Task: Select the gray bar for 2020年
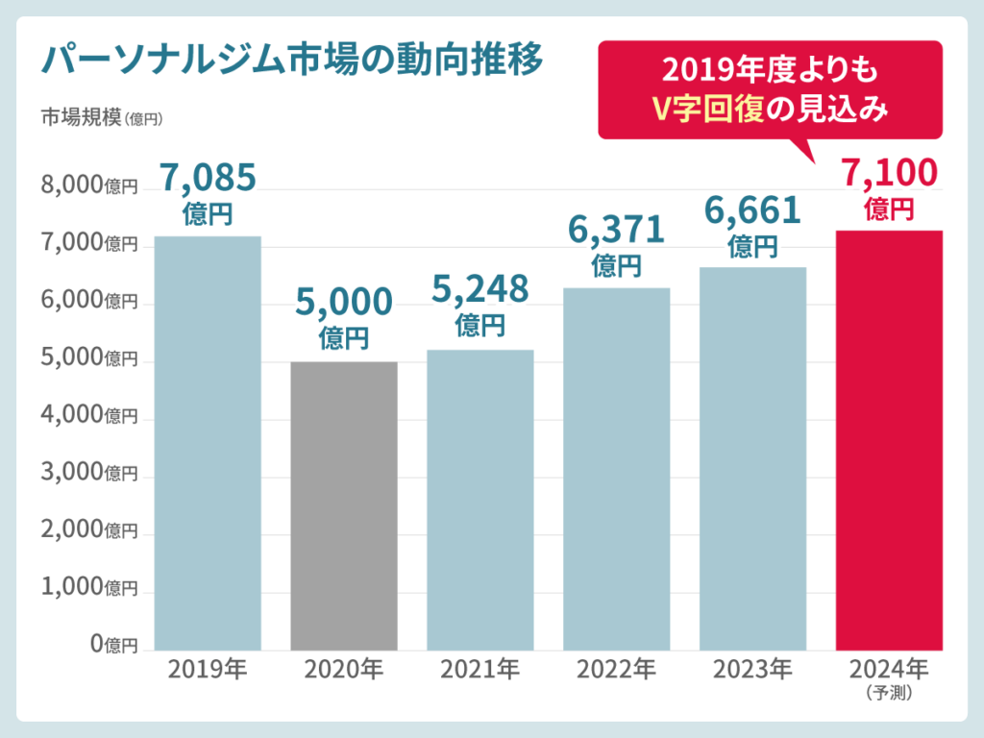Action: [x=344, y=505]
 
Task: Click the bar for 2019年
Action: [x=208, y=443]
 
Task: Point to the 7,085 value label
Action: [x=208, y=178]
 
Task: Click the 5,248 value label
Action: [x=480, y=287]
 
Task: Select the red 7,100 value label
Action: [x=889, y=174]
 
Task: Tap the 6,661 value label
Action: [x=752, y=210]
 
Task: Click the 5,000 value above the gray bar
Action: [x=344, y=302]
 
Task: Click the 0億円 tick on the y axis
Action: [x=114, y=644]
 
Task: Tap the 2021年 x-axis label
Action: [x=480, y=668]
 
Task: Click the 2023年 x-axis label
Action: [x=752, y=668]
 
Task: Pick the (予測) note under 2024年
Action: [x=889, y=690]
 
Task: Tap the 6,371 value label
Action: [x=616, y=230]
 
